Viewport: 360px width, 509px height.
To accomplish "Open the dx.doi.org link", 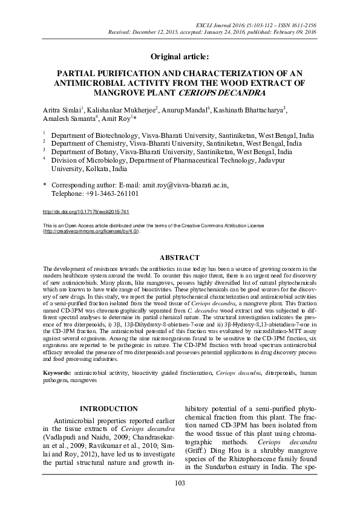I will (86, 213).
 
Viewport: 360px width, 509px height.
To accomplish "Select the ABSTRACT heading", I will (180, 257).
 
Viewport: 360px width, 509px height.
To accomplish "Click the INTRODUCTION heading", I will (108, 409).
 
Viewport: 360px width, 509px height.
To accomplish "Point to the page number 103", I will (180, 482).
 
